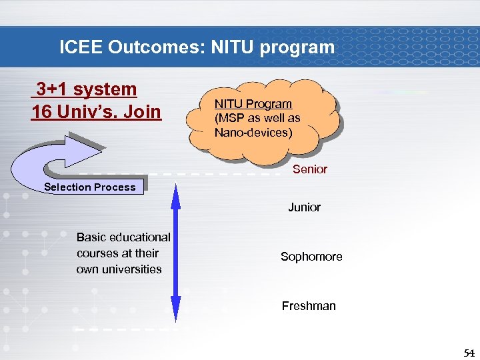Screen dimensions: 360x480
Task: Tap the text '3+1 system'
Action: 86,89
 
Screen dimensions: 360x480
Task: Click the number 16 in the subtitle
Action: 41,111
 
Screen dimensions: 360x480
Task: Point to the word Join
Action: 141,111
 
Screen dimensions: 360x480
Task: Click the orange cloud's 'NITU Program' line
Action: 253,103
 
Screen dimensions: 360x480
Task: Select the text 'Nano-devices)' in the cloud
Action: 253,132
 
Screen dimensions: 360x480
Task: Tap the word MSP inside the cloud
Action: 234,118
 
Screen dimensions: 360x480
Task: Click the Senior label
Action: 310,169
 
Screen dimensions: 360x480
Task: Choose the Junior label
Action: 304,207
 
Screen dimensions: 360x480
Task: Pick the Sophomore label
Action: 311,257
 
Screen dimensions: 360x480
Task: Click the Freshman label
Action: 309,306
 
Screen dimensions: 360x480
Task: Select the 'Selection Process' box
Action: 90,187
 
